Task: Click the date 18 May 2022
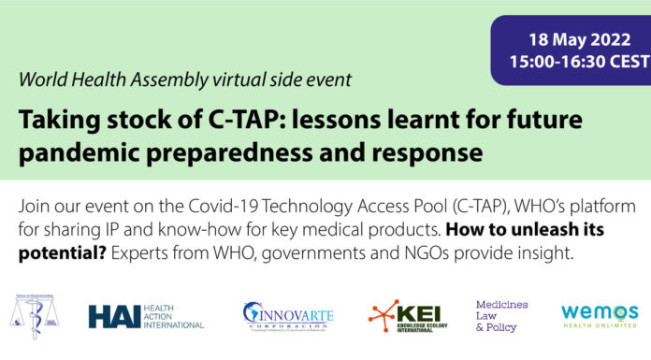point(570,43)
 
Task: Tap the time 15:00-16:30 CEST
point(570,65)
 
